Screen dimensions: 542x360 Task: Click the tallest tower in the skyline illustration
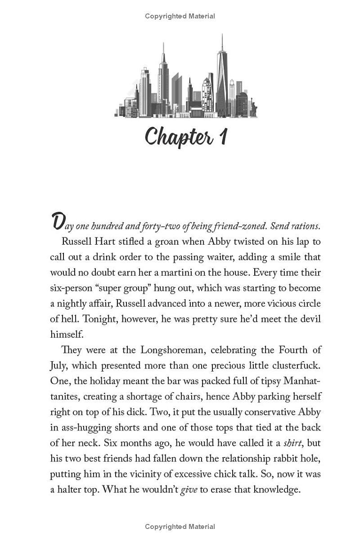[221, 74]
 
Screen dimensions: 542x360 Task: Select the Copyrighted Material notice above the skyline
[180, 16]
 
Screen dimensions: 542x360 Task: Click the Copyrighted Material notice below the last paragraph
[180, 526]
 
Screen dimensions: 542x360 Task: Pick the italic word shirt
[292, 443]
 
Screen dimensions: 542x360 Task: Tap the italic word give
[189, 489]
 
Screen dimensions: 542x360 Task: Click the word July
[59, 365]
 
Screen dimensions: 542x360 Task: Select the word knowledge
[277, 489]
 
